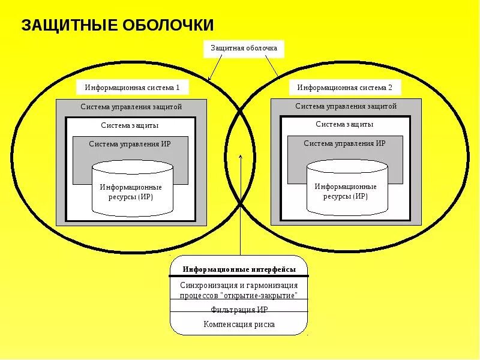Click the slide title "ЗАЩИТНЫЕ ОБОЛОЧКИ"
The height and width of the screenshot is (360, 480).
point(118,25)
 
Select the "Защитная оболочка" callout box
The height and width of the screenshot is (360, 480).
point(244,48)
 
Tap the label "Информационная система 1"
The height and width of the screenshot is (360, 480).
point(132,88)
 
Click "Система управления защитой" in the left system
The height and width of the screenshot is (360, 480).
point(131,107)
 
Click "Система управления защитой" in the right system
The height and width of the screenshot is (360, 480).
point(346,106)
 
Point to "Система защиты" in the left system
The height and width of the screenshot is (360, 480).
point(130,125)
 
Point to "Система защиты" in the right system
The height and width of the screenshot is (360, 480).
point(344,124)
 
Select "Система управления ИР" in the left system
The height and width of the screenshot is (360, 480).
point(130,144)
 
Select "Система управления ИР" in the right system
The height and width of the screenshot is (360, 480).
point(344,143)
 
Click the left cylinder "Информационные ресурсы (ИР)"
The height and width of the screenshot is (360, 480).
point(132,191)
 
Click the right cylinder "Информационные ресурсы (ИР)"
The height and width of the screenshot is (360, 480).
point(346,190)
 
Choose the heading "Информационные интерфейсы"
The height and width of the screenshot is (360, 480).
point(239,271)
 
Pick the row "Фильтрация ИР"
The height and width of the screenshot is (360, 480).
point(239,310)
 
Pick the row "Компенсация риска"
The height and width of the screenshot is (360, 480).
point(239,325)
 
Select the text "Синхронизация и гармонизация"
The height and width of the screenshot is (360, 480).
point(239,285)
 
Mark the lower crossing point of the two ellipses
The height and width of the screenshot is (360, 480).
point(240,205)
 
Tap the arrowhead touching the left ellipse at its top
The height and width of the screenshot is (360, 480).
point(209,79)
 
